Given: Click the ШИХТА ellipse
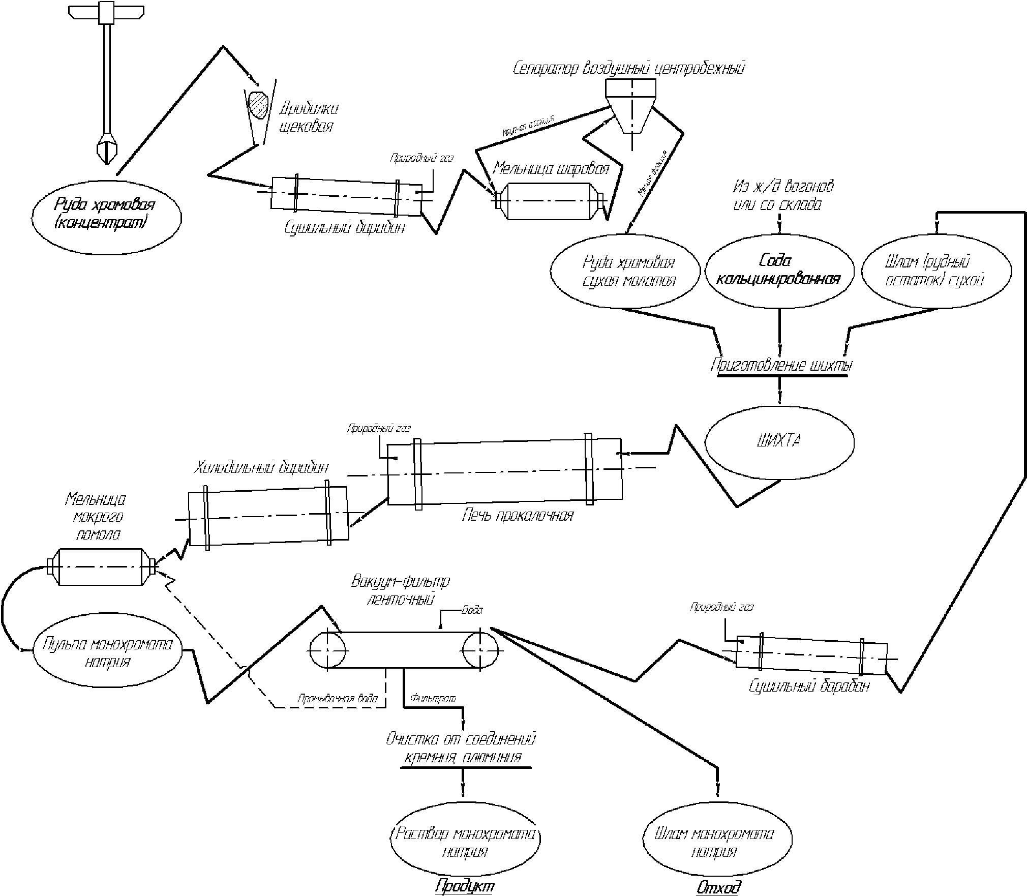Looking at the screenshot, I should pos(779,441).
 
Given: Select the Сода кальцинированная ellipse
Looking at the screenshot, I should pos(779,271).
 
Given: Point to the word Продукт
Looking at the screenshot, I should pos(465,886).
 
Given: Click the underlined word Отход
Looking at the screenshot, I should pos(717,887).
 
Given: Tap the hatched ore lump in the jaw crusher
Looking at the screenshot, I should pos(258,105).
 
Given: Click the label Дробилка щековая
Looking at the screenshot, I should pos(309,117).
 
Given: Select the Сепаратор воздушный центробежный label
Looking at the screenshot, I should pos(629,68).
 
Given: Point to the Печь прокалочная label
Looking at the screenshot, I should pos(517,516).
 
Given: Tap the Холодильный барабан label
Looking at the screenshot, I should pos(261,467).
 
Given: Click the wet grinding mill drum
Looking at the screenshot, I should pos(100,566).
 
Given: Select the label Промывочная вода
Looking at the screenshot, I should pos(338,699).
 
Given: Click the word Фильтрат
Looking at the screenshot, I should pos(433,699).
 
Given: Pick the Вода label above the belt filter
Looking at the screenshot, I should pos(472,610).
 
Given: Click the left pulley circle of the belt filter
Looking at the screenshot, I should pos(328,650).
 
